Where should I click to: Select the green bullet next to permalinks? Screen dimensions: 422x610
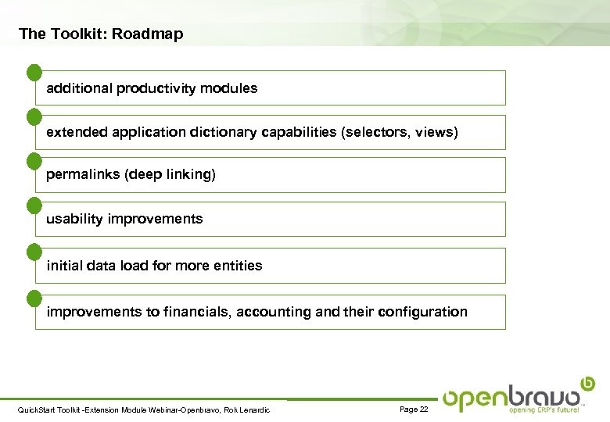[34, 161]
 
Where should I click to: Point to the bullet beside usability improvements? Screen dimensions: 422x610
[34, 206]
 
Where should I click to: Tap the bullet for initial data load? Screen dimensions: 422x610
[34, 252]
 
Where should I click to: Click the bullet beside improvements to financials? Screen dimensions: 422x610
[34, 298]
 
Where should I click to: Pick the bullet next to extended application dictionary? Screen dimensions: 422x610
[34, 117]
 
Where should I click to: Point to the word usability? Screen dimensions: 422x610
[74, 219]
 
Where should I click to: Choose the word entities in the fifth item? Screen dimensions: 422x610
[237, 266]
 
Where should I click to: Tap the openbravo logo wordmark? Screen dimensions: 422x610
[512, 396]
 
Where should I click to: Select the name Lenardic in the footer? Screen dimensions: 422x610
[253, 410]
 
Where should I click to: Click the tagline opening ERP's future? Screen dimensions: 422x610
[544, 409]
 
